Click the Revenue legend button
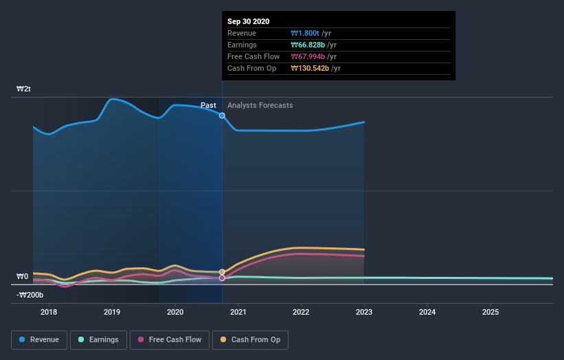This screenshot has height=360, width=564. click(x=39, y=339)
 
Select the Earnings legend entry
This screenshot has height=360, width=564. click(x=98, y=339)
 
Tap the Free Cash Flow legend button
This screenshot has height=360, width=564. click(x=169, y=339)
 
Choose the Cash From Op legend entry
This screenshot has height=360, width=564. click(x=250, y=339)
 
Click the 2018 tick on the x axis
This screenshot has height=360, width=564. click(x=49, y=312)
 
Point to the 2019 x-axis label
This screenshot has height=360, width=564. click(x=112, y=312)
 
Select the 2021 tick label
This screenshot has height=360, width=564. click(x=238, y=312)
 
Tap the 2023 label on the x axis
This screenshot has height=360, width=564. click(x=364, y=312)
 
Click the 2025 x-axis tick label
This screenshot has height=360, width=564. click(x=490, y=312)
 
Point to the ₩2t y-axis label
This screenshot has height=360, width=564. click(x=24, y=89)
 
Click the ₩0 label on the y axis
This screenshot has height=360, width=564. click(x=23, y=276)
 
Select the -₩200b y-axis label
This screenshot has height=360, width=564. click(x=30, y=295)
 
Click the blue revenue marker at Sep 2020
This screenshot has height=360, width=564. click(x=222, y=115)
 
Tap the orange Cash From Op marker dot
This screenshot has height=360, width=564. click(x=222, y=272)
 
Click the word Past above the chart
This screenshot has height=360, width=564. click(x=208, y=105)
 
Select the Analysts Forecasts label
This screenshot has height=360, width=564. click(x=260, y=105)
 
